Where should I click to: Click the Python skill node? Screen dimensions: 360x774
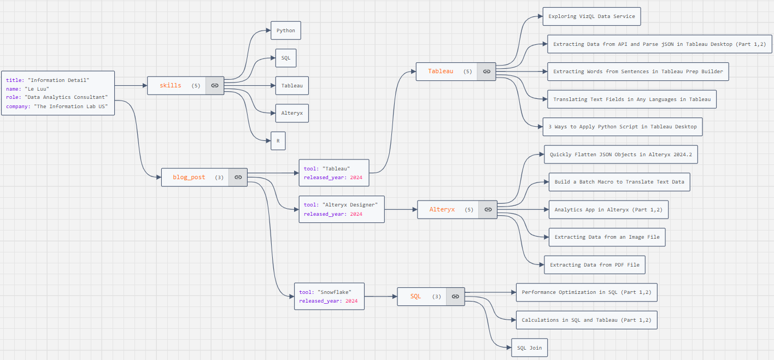(x=285, y=31)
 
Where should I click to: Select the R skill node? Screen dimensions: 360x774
(x=278, y=141)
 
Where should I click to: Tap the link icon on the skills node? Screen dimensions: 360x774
(x=215, y=85)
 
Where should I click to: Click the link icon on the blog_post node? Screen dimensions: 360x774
(x=238, y=177)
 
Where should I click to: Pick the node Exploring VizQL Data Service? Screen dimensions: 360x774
(x=591, y=16)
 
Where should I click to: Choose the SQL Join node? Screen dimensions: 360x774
(x=529, y=348)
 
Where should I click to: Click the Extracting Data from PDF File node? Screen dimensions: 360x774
(x=595, y=265)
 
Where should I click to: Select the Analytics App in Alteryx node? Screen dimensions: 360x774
(x=608, y=209)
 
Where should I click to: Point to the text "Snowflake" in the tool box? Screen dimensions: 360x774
(x=334, y=292)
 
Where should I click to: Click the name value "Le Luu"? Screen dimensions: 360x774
(x=37, y=88)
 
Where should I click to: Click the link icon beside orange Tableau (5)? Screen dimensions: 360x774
(x=486, y=72)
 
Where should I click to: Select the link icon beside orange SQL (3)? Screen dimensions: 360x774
(x=455, y=296)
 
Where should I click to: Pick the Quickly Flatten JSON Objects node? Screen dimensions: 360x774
(x=620, y=155)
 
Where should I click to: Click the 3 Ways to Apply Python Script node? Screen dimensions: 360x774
(x=623, y=127)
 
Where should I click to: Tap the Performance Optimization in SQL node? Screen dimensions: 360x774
(x=586, y=292)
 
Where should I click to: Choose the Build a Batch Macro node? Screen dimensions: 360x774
(x=619, y=182)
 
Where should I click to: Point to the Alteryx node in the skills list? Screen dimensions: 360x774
(x=292, y=113)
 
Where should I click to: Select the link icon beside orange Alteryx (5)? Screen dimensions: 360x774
(x=488, y=209)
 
